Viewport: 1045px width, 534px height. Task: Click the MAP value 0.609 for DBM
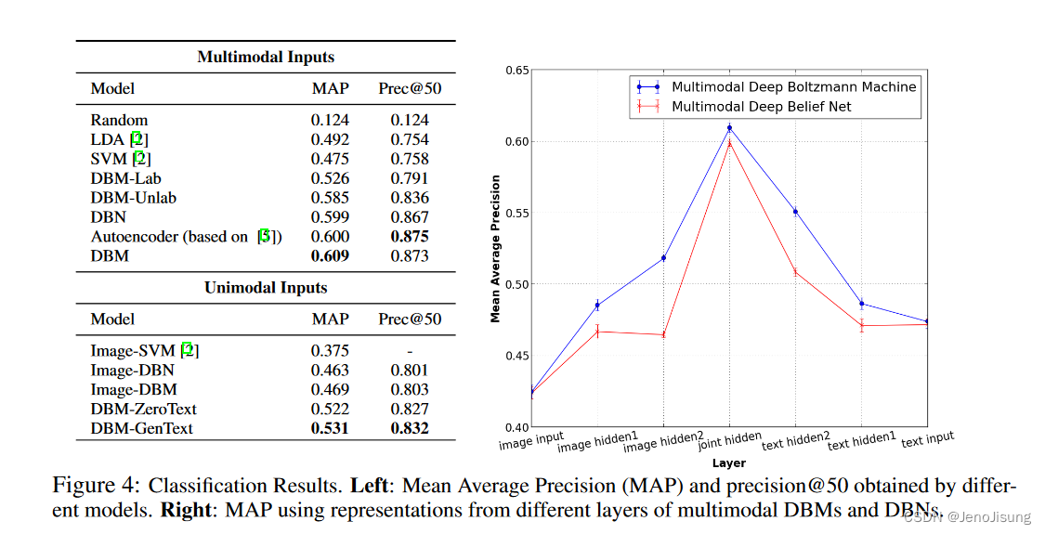330,255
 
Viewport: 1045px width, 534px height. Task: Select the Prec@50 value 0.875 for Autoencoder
410,236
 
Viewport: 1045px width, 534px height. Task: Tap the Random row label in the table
119,120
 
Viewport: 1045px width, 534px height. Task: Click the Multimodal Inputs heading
266,57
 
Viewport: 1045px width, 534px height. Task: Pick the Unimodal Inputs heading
266,288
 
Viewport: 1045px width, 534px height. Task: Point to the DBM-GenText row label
143,428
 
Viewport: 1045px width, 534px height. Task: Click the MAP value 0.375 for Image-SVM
330,350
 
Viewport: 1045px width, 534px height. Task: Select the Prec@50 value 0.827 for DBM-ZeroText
410,409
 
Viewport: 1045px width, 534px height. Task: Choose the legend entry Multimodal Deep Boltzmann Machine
793,87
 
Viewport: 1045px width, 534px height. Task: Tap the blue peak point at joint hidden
729,128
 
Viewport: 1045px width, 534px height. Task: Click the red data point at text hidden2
796,271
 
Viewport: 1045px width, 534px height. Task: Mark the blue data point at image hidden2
663,257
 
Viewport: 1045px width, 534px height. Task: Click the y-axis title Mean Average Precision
495,248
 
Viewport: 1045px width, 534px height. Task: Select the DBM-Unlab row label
133,197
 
